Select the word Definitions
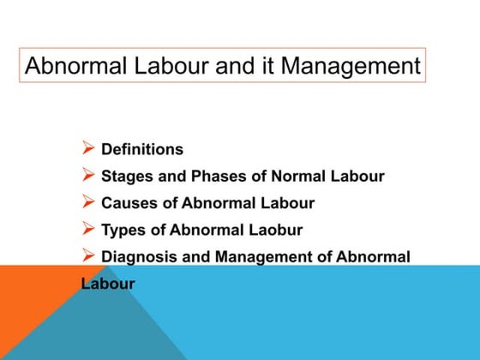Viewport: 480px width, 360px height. pos(142,149)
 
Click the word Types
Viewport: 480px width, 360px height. pos(123,230)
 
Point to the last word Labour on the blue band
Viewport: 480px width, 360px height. pos(108,283)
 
